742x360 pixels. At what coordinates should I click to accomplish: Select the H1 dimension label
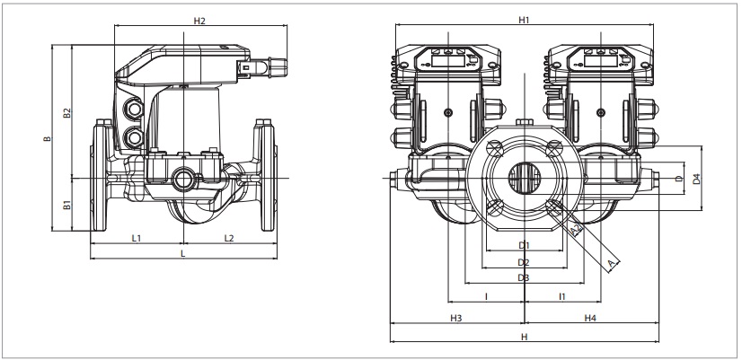point(524,20)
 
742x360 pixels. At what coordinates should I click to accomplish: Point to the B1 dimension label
point(66,206)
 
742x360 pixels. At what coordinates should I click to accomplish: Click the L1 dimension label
point(137,238)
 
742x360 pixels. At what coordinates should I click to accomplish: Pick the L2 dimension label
point(228,238)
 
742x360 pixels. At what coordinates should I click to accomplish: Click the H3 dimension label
point(455,319)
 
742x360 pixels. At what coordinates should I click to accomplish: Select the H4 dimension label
point(591,319)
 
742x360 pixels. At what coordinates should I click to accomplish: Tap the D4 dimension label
point(696,179)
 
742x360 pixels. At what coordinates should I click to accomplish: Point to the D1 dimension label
point(524,245)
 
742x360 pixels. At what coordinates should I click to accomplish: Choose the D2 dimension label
point(524,262)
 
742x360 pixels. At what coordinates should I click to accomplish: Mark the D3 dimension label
point(524,278)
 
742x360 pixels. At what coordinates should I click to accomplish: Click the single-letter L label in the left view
point(183,255)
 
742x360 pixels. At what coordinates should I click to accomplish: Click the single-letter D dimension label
point(678,179)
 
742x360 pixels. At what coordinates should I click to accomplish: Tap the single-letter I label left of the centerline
point(486,295)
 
